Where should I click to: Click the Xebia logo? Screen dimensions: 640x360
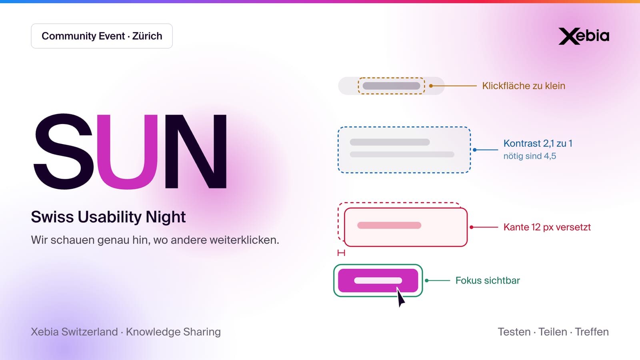tap(584, 36)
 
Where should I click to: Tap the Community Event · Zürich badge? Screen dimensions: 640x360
tap(102, 36)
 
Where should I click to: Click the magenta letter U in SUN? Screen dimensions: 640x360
tap(127, 152)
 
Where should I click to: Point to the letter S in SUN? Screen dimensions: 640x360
tap(64, 152)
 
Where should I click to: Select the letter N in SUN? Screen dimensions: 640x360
tap(196, 152)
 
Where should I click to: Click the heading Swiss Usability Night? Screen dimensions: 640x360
tap(108, 217)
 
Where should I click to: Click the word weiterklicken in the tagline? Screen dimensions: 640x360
tap(244, 240)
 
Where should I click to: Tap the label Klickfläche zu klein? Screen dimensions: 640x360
tap(524, 86)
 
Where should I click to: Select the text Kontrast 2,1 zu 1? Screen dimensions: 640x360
tap(538, 143)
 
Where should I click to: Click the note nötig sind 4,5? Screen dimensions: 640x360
tap(530, 156)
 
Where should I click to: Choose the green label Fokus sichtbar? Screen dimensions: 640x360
tap(488, 280)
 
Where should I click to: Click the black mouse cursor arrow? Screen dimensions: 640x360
tap(400, 297)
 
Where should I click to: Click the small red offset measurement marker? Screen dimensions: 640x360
tap(341, 253)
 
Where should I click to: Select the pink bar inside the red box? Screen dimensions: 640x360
tap(389, 226)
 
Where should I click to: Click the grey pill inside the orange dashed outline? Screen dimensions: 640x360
tap(392, 86)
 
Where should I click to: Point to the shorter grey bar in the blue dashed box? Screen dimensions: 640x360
tap(390, 142)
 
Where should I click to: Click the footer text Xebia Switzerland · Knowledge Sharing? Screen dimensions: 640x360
tap(126, 332)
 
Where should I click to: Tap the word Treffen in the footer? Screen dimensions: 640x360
tap(592, 332)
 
